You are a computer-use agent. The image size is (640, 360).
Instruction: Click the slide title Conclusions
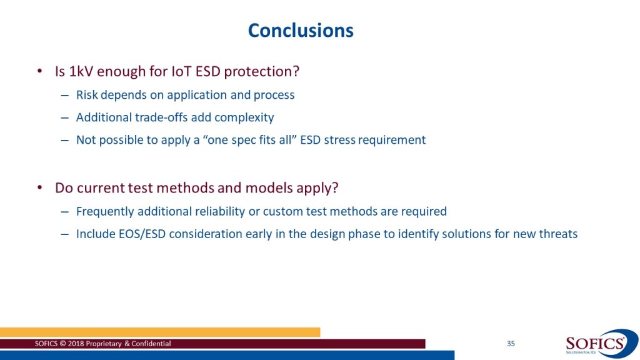(x=301, y=31)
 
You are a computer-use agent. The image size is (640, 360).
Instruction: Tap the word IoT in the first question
(x=181, y=71)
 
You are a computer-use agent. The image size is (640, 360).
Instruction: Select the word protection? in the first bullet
(x=262, y=72)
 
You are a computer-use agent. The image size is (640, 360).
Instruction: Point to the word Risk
(x=87, y=95)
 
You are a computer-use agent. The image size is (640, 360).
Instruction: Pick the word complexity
(x=244, y=118)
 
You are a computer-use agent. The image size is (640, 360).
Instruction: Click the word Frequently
(x=105, y=211)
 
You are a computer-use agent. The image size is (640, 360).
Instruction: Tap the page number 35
(x=511, y=344)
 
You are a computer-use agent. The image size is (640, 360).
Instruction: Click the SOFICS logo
(x=601, y=344)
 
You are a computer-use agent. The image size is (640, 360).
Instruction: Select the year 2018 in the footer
(x=75, y=344)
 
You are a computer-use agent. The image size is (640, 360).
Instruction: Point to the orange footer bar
(x=160, y=332)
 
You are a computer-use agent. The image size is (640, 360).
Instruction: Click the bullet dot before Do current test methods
(x=39, y=187)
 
